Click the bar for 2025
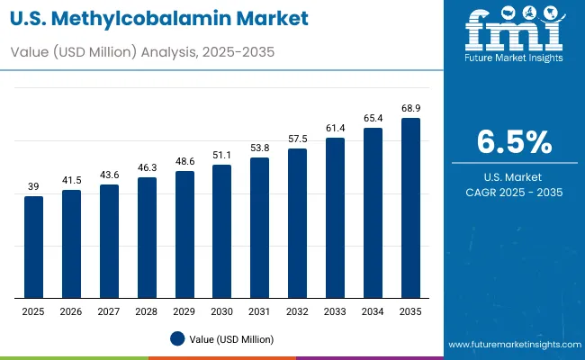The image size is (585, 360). pyautogui.click(x=33, y=247)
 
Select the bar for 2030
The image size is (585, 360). pyautogui.click(x=221, y=231)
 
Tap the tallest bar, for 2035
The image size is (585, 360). pyautogui.click(x=410, y=208)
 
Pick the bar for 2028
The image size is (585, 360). pyautogui.click(x=147, y=238)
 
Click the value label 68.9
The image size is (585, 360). pyautogui.click(x=410, y=108)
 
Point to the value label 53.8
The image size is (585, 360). pyautogui.click(x=259, y=148)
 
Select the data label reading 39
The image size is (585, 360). pyautogui.click(x=33, y=186)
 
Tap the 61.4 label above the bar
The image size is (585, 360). pyautogui.click(x=335, y=128)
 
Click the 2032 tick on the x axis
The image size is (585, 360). pyautogui.click(x=297, y=310)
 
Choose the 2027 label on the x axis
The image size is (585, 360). pyautogui.click(x=109, y=310)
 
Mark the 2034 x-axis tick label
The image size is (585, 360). pyautogui.click(x=373, y=310)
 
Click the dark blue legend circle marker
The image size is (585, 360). pyautogui.click(x=177, y=338)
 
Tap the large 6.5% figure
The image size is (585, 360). pyautogui.click(x=514, y=143)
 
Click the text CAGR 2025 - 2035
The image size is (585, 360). pyautogui.click(x=514, y=193)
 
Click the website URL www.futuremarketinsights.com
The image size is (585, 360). pyautogui.click(x=512, y=345)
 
